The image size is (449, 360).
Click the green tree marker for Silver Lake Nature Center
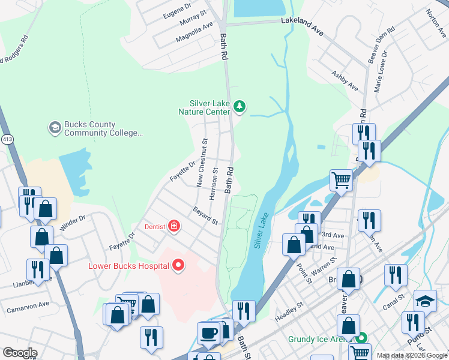click(240, 107)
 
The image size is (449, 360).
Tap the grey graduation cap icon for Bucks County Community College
click(55, 128)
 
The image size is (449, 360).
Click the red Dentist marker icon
click(173, 226)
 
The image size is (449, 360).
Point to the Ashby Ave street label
click(345, 81)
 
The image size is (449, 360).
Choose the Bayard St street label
click(205, 216)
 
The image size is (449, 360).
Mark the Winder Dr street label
click(73, 223)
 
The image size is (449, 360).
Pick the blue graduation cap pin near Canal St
click(426, 301)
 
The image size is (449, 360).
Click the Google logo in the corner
click(20, 353)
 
